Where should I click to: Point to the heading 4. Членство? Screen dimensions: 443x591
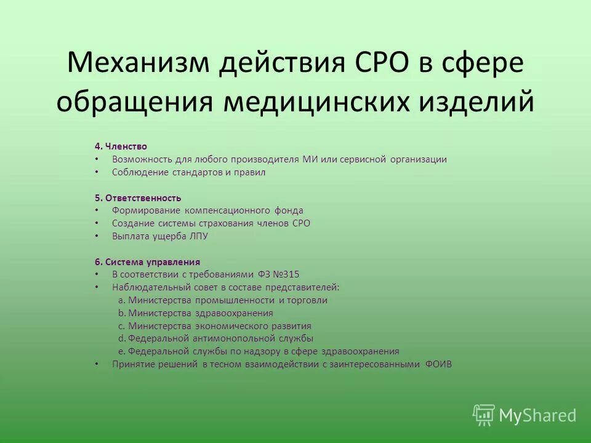[121, 146]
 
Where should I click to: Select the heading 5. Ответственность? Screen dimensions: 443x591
[138, 198]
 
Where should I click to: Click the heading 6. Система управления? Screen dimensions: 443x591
[147, 261]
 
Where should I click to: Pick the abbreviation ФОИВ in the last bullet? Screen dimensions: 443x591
[438, 364]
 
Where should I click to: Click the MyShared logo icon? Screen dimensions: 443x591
[483, 415]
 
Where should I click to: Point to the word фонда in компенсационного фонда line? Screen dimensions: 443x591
[289, 210]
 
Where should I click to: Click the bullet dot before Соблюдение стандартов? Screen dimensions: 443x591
[97, 173]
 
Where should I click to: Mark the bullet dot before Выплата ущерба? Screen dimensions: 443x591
[97, 236]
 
